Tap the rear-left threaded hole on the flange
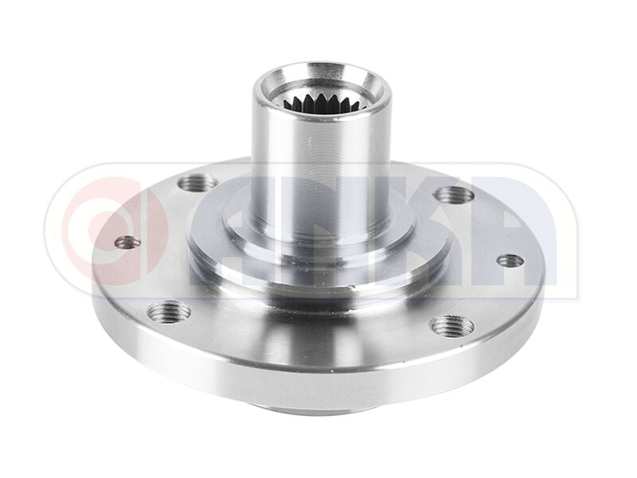click(x=197, y=184)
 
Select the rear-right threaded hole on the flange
click(x=455, y=194)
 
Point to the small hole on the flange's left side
click(x=127, y=242)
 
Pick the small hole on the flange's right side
click(x=510, y=261)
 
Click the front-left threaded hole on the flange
click(x=170, y=311)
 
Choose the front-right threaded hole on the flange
click(x=451, y=325)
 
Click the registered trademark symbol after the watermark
click(x=566, y=280)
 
